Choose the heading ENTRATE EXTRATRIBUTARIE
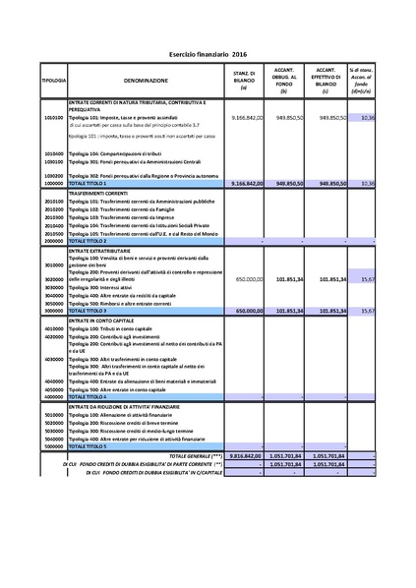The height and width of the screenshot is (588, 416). pyautogui.click(x=105, y=252)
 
